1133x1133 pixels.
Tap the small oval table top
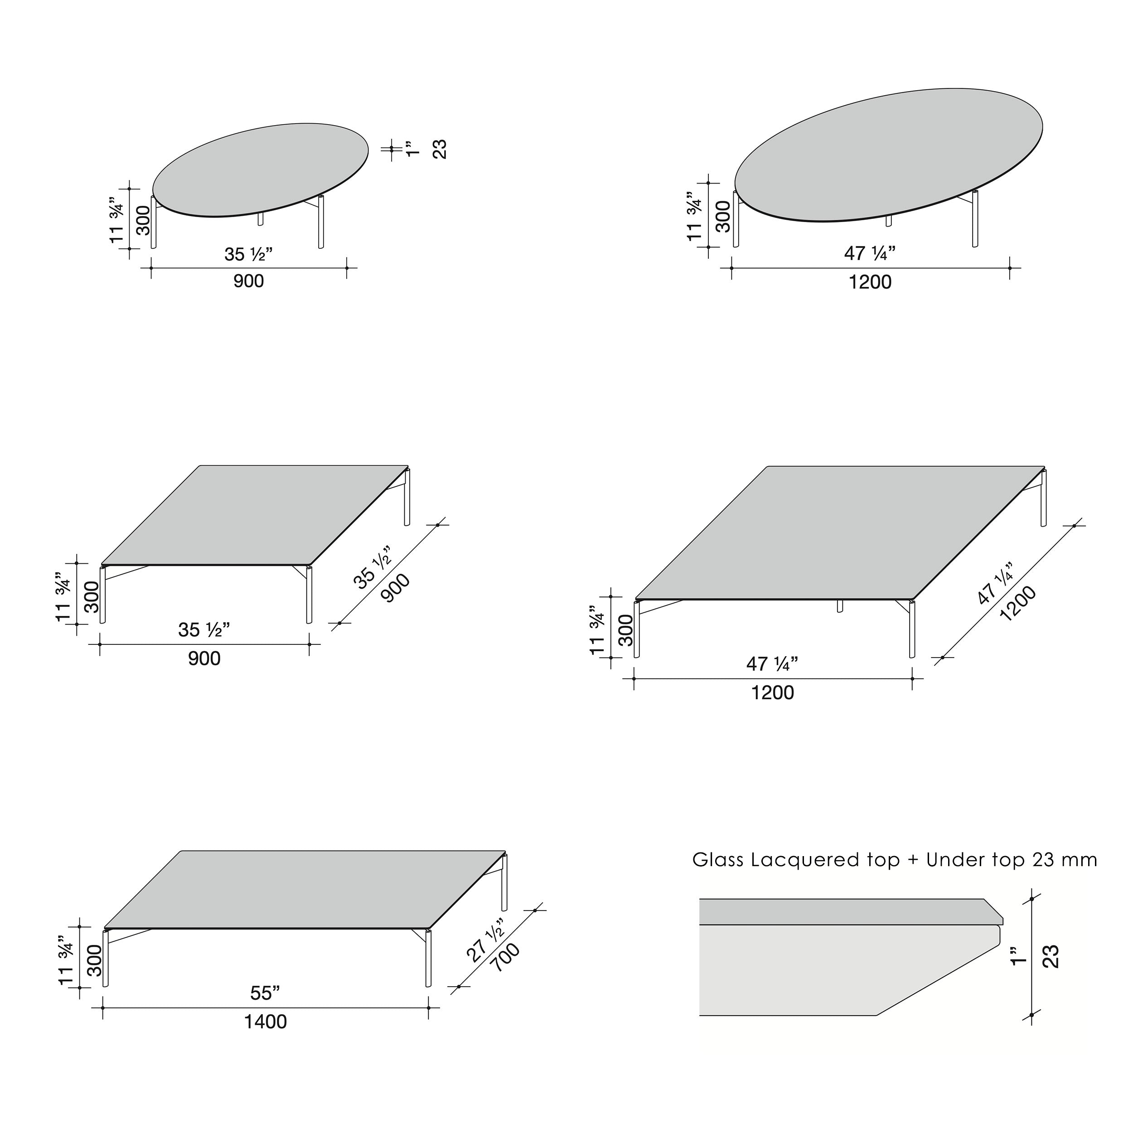coord(261,170)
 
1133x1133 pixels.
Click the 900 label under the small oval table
coord(249,281)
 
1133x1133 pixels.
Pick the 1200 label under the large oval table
coord(870,282)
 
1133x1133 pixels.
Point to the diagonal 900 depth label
coord(395,587)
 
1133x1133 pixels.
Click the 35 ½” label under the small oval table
coord(249,255)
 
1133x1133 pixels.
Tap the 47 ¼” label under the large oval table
coord(870,253)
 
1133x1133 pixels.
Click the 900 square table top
coord(255,515)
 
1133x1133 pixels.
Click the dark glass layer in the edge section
coord(850,911)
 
